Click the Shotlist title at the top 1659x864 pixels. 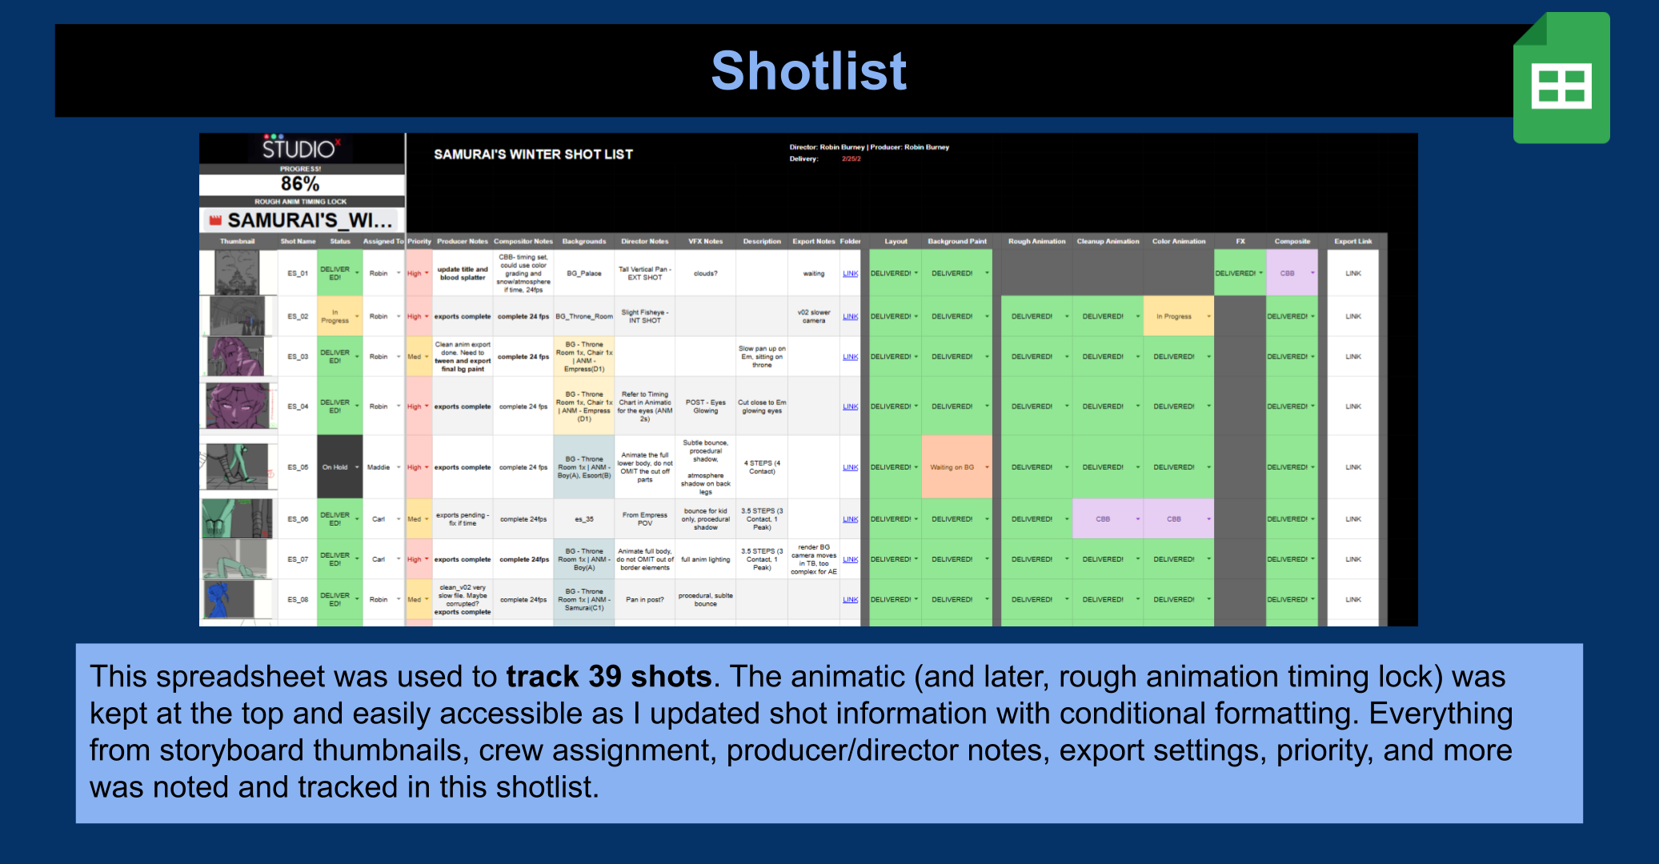(x=808, y=70)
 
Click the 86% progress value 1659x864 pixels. (x=300, y=184)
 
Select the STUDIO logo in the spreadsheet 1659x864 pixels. (x=300, y=149)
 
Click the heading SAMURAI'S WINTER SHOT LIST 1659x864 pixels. (x=533, y=154)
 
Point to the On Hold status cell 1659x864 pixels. (x=335, y=467)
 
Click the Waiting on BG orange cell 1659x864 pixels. (x=952, y=467)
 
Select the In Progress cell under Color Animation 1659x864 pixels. (x=1174, y=317)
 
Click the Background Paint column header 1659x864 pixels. (x=956, y=241)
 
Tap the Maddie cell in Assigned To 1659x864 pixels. (x=379, y=467)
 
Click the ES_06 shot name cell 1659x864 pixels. (x=298, y=519)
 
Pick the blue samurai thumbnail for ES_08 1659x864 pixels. (x=228, y=599)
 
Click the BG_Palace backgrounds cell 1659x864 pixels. (x=584, y=274)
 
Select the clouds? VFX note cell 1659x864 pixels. (x=705, y=274)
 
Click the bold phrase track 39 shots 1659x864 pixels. (x=608, y=677)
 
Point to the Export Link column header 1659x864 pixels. (x=1352, y=241)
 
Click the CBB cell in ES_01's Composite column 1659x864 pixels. (x=1287, y=274)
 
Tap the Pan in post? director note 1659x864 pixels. (x=644, y=599)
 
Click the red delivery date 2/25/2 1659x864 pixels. (x=851, y=159)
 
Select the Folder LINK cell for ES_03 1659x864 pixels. (x=850, y=357)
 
